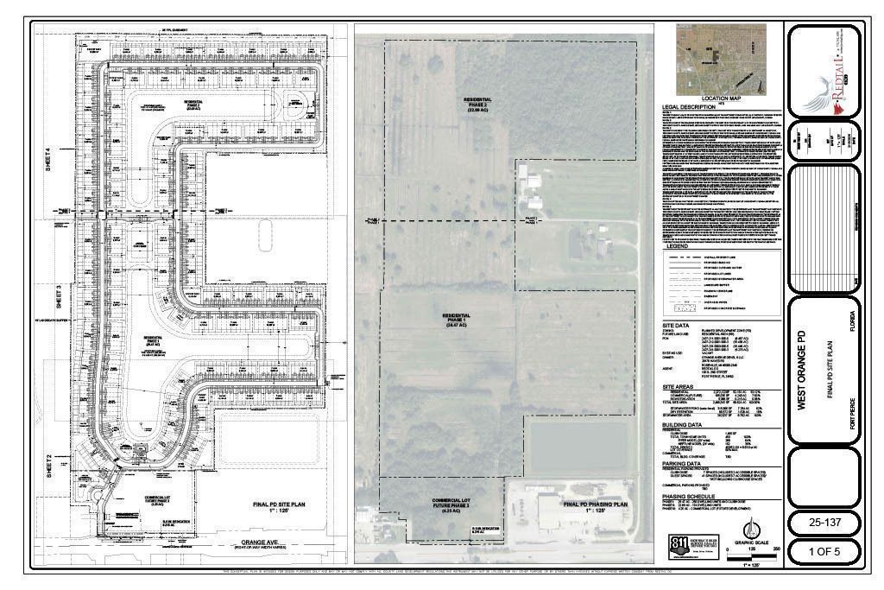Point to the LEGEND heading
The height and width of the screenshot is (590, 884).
[679, 246]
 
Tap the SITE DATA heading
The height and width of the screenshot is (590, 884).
[671, 328]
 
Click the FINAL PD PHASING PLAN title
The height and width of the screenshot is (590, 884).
[595, 504]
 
